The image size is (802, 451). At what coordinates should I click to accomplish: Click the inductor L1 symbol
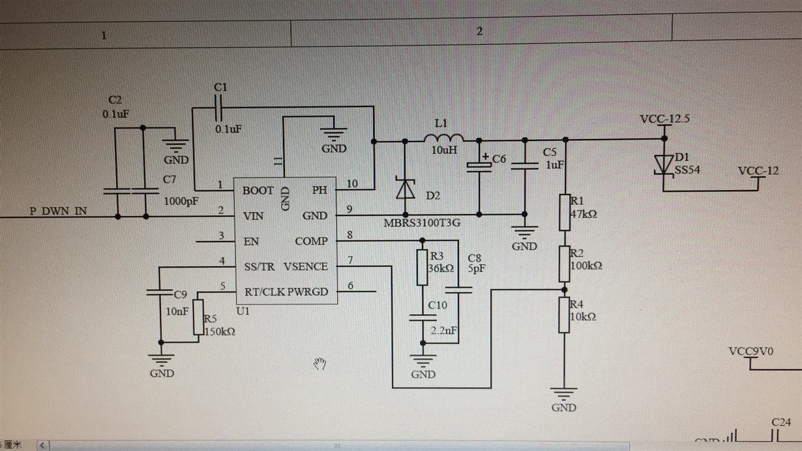pos(444,138)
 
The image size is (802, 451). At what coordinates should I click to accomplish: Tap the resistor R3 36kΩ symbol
pos(422,268)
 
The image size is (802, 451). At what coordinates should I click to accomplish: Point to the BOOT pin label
pos(258,191)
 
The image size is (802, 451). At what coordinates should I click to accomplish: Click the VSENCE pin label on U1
pos(306,266)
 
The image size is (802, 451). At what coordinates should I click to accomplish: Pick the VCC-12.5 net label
pos(664,119)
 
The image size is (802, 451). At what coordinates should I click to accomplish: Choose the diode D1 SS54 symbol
pos(664,164)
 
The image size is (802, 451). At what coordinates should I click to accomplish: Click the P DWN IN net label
pos(58,211)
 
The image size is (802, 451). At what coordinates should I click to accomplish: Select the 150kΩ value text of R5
pos(220,332)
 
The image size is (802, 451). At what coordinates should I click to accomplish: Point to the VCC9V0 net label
pos(750,352)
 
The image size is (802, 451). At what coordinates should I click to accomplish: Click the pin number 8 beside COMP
pos(350,235)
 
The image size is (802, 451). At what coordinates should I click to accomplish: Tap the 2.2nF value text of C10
pos(444,332)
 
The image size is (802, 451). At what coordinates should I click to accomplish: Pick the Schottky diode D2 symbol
pos(406,189)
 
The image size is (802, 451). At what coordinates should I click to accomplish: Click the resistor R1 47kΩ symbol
pos(564,212)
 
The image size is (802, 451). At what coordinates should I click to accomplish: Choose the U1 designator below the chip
pos(243,311)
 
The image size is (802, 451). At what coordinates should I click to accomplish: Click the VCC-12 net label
pos(758,171)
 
